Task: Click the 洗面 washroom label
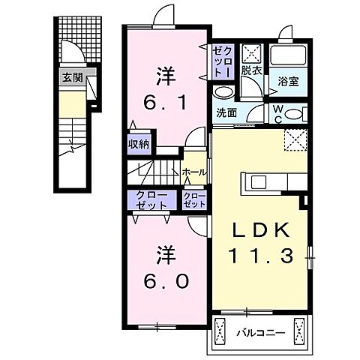click(227, 113)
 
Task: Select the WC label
click(278, 114)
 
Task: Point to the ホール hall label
click(193, 172)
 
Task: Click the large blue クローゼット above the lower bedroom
click(152, 199)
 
